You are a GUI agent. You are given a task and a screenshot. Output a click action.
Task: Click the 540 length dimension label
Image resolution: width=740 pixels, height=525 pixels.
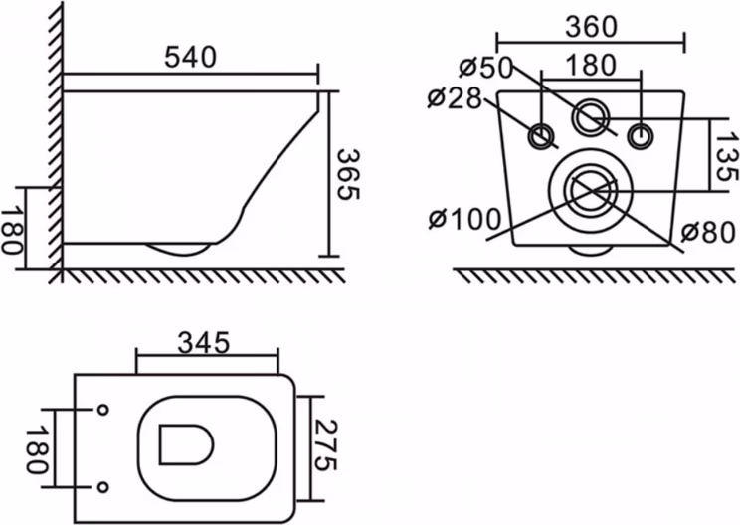(190, 57)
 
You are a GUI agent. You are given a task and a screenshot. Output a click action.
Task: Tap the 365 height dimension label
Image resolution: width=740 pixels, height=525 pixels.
(349, 174)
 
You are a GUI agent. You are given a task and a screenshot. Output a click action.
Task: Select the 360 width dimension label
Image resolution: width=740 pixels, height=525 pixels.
(592, 27)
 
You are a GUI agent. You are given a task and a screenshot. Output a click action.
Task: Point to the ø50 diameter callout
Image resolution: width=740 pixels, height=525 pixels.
(485, 67)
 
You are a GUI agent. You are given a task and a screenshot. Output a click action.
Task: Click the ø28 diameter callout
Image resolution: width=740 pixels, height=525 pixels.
(455, 98)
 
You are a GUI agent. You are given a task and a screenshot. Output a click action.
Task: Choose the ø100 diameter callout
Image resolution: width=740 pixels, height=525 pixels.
(464, 219)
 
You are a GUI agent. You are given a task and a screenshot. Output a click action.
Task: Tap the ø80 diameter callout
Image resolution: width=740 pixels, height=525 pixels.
(709, 232)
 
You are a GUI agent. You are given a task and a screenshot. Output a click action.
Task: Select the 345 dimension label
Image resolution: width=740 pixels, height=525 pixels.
(204, 343)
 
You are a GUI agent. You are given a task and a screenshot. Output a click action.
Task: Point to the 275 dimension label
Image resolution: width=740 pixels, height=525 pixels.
(325, 444)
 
